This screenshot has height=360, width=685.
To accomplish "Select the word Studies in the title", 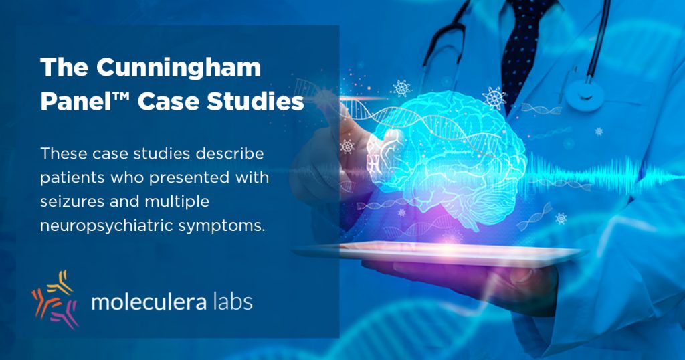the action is (x=255, y=102).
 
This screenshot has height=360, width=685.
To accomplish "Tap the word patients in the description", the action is (x=72, y=178).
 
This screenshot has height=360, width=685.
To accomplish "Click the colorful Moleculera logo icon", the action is (x=55, y=299).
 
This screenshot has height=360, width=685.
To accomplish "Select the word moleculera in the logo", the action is (x=149, y=302).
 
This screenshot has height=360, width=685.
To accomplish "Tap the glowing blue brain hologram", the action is (x=446, y=157).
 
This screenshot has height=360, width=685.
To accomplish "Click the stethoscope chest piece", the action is (x=584, y=93).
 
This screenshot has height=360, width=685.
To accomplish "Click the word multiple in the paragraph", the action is (x=177, y=202).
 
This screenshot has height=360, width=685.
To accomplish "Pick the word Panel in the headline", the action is (x=76, y=102).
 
